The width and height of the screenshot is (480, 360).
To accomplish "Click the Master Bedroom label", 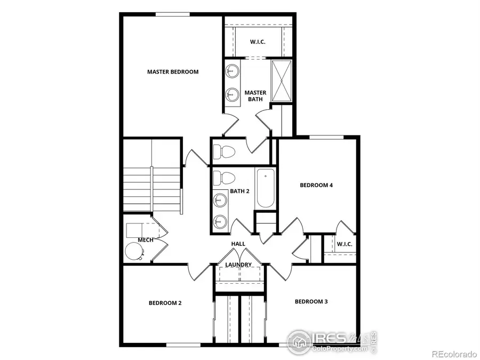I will pos(173,71).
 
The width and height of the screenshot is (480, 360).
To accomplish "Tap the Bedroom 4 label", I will pos(316,185).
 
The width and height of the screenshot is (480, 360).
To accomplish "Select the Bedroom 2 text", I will pos(165,303).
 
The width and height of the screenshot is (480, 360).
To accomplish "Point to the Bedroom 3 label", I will pos(311,301).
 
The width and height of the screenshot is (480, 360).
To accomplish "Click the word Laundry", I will pos(238,265).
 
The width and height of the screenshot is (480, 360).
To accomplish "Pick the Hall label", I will pos(238,244).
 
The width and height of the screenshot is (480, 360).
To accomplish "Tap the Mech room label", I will pos(146,240).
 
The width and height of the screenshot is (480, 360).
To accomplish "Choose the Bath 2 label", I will pos(240,191).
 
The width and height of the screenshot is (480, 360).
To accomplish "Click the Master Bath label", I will pos(255,95).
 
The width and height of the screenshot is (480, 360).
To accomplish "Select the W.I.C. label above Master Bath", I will pos(258,42).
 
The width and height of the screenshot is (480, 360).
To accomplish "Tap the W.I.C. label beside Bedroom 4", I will pos(345,244).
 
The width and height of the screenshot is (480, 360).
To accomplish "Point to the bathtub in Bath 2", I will pos(265,189).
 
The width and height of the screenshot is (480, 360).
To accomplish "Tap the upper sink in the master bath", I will pos(232,70).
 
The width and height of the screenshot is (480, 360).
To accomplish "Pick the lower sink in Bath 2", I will pos(219,221).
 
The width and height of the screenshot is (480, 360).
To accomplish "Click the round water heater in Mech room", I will pos(133,251).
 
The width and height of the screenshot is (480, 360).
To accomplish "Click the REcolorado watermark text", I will pos(454,354).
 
